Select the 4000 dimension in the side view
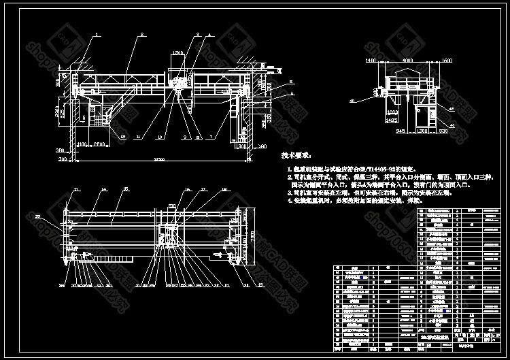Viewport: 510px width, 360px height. pyautogui.click(x=407, y=61)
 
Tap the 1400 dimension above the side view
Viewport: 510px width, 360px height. pyautogui.click(x=371, y=61)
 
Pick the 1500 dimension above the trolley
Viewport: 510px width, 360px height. pyautogui.click(x=178, y=52)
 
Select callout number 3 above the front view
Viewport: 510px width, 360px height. pyautogui.click(x=197, y=33)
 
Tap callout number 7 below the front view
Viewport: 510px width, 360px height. pyautogui.click(x=211, y=135)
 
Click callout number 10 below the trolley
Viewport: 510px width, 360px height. pyautogui.click(x=160, y=136)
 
